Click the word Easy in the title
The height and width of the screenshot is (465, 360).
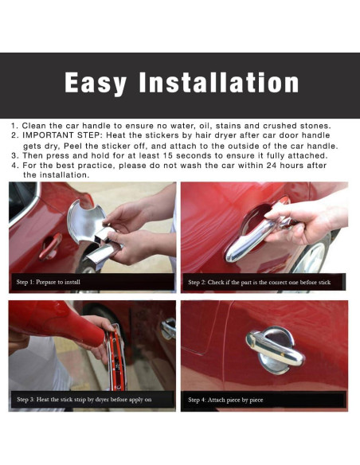[x=96, y=84]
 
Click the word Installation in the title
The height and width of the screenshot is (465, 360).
[x=219, y=82]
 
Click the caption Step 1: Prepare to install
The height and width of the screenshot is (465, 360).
[x=49, y=282]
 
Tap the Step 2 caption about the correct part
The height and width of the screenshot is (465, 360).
[x=259, y=282]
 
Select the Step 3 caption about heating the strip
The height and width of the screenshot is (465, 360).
[x=84, y=400]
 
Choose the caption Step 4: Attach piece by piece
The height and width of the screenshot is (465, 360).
[x=225, y=400]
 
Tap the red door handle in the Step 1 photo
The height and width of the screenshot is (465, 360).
[x=50, y=246]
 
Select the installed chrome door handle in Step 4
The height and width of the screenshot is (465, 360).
[x=274, y=349]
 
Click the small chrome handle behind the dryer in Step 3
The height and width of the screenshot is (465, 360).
[x=168, y=328]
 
